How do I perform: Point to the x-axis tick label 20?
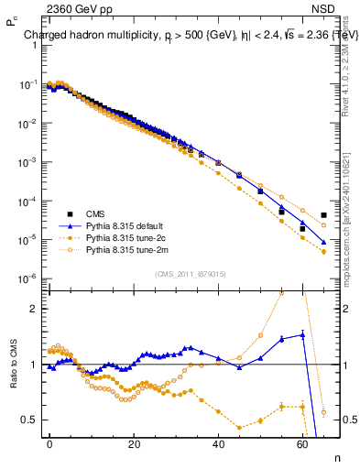134,443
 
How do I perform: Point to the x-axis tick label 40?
218,443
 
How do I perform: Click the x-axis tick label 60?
302,443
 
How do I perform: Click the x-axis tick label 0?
49,443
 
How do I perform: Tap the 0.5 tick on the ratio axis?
30,420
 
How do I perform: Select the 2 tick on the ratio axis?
34,309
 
